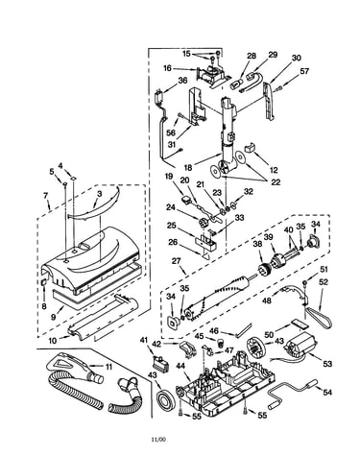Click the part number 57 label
[x=303, y=71]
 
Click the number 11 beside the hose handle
[x=108, y=367]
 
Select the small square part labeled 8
[x=44, y=282]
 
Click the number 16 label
[x=167, y=68]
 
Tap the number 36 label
[x=182, y=81]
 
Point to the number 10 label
[x=52, y=341]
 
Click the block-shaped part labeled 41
[x=159, y=363]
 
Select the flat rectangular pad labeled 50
[x=299, y=324]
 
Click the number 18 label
[x=189, y=168]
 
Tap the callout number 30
[x=297, y=58]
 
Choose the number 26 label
[x=173, y=242]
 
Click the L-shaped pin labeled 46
[x=244, y=330]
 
